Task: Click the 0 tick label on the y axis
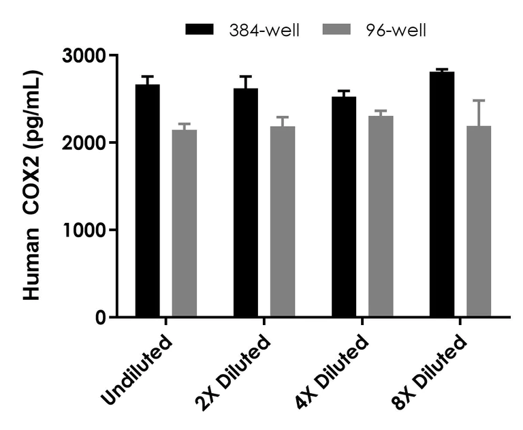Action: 100,318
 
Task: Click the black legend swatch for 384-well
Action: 199,29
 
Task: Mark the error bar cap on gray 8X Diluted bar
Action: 479,101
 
